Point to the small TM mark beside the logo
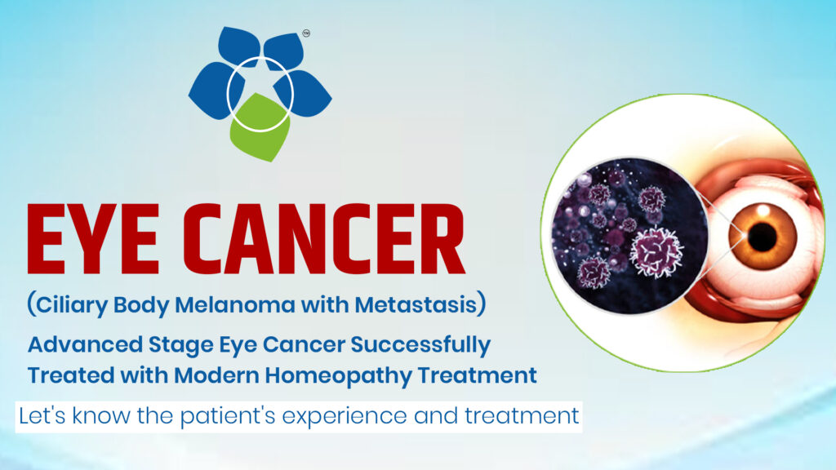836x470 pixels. [x=306, y=34]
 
